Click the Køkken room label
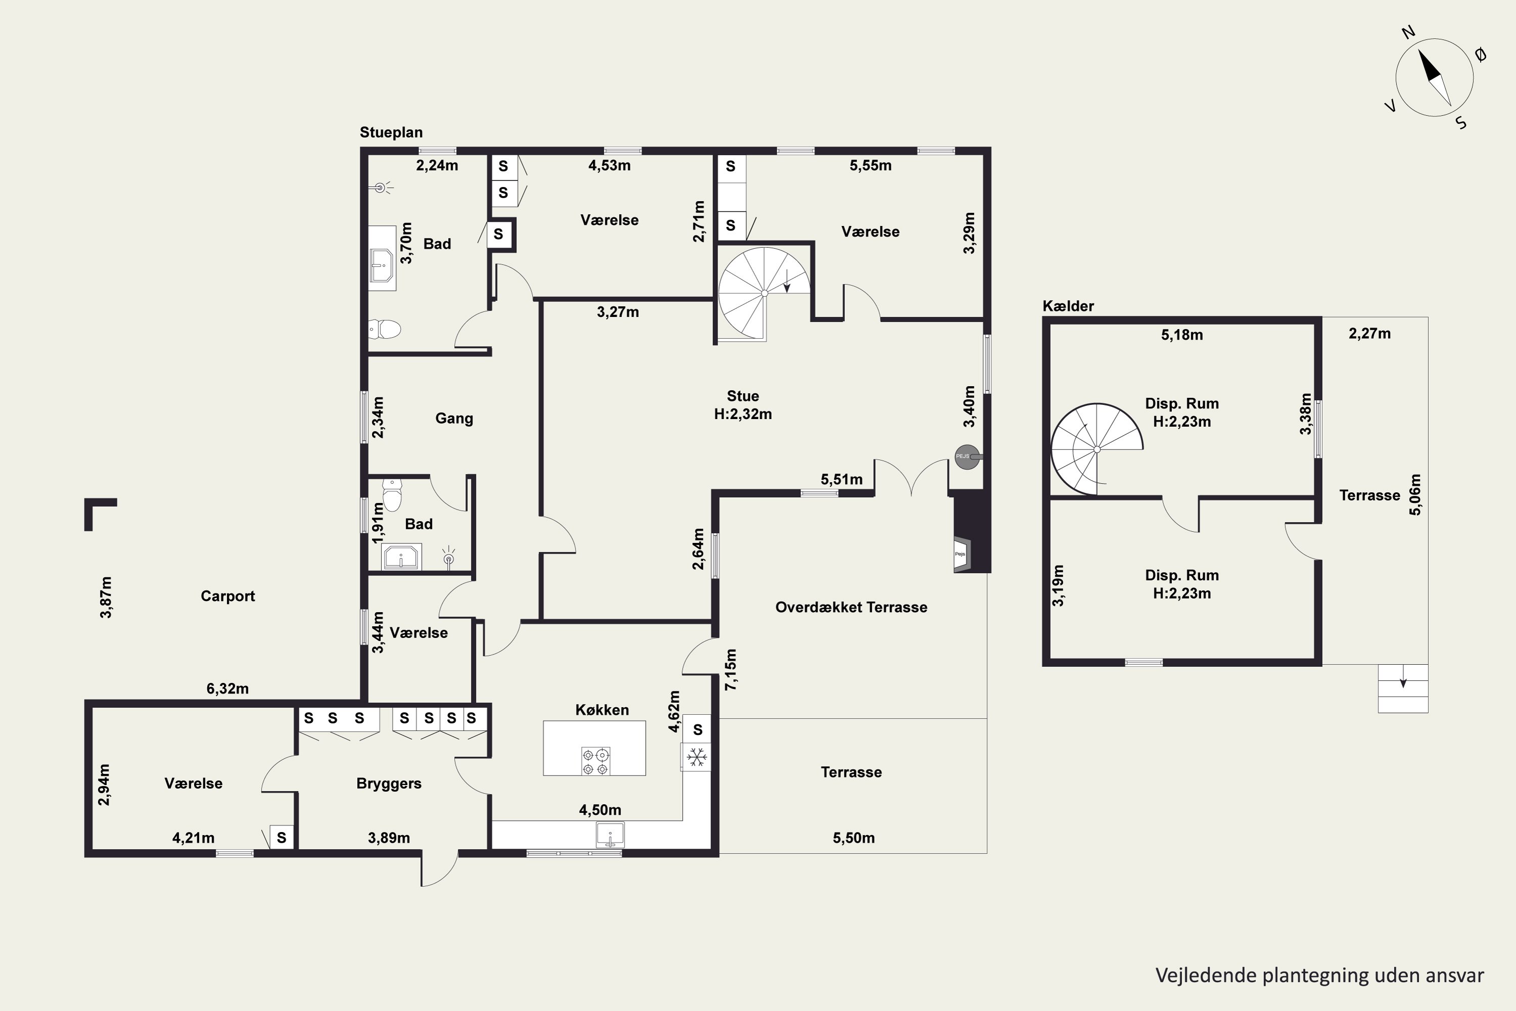point(602,710)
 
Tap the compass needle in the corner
point(1434,77)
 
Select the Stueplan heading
point(391,132)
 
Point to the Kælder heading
point(1068,306)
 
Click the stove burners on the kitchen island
point(595,761)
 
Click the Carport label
point(227,596)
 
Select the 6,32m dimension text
point(227,688)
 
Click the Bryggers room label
point(389,784)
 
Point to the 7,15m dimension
point(730,670)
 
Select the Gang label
point(454,419)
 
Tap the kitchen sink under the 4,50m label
point(610,835)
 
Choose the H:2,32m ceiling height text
point(742,414)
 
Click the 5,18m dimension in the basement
point(1182,335)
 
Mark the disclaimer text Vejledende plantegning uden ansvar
point(1319,976)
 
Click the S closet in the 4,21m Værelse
point(281,838)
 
